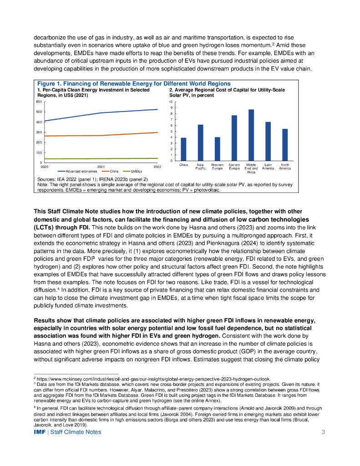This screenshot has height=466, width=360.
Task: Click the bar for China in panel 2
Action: coord(183,149)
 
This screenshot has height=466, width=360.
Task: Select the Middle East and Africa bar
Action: coord(251,135)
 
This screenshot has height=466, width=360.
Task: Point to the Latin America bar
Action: coord(268,141)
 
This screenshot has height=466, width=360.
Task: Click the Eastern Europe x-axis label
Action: coord(234,167)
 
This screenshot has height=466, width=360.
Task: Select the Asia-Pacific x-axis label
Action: coord(200,167)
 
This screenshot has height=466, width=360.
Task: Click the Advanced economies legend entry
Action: coord(76,171)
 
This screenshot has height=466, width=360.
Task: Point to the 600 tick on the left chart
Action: coord(39,102)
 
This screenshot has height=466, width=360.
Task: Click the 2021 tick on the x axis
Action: coord(101,167)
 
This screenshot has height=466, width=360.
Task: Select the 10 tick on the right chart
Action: coord(170,102)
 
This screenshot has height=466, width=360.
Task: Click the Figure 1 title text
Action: coord(133,84)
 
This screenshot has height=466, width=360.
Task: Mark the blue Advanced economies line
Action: coord(100,113)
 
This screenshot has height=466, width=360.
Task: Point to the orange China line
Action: coord(100,135)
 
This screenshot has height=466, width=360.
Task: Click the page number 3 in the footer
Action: coord(323,432)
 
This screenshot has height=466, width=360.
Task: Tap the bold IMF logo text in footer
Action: coord(40,432)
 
